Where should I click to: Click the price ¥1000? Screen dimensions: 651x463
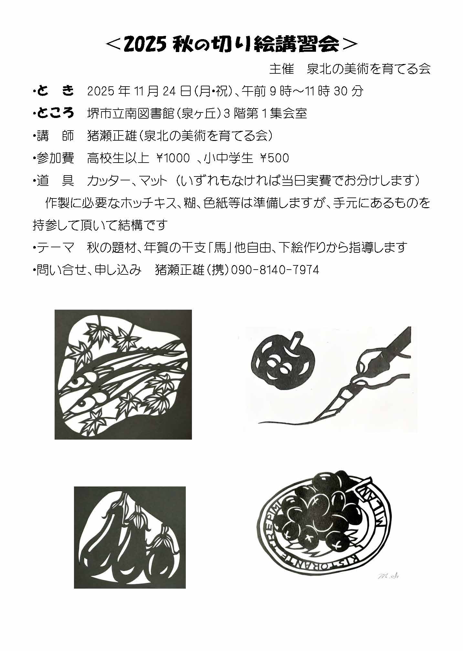pos(173,158)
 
